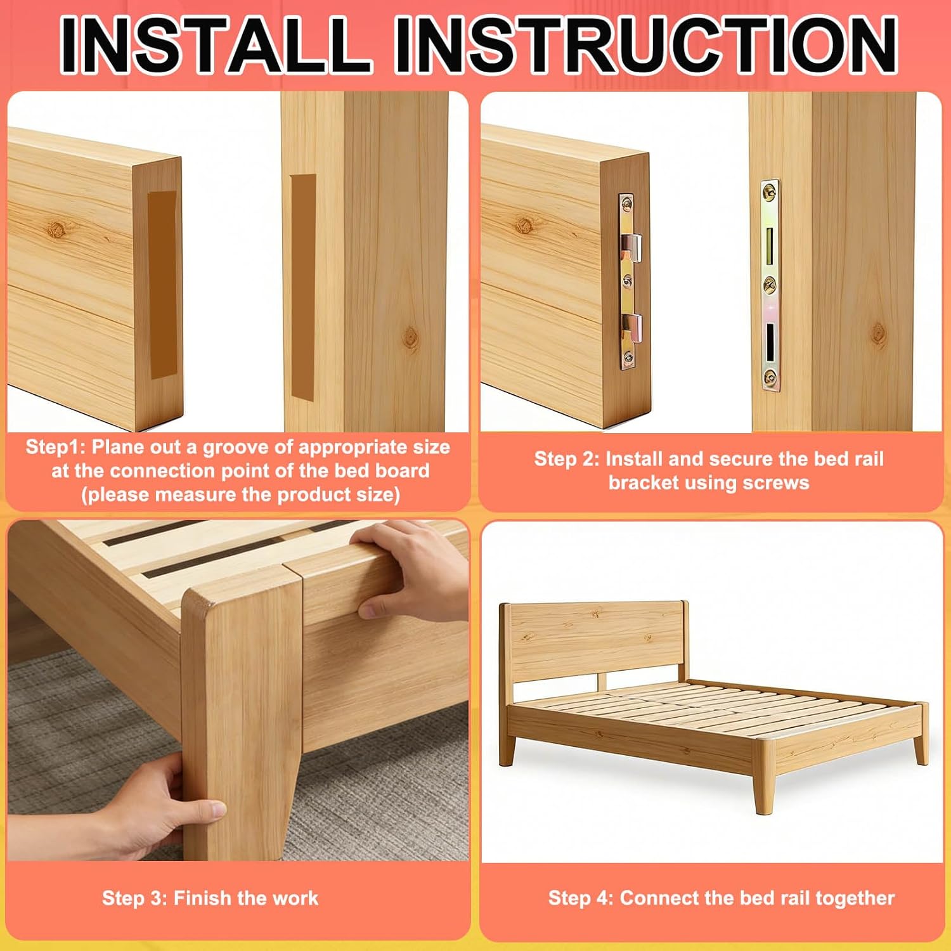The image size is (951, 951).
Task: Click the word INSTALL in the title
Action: tap(216, 44)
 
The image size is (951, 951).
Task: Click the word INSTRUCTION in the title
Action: tap(645, 44)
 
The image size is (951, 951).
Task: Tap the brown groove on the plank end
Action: tap(162, 285)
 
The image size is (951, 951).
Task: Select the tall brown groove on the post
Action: tap(303, 287)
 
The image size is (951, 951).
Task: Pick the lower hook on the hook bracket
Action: tap(630, 329)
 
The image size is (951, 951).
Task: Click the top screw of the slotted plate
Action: tap(770, 189)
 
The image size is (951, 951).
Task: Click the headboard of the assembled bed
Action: tap(596, 640)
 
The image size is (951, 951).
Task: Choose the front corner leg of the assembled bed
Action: tap(765, 776)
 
